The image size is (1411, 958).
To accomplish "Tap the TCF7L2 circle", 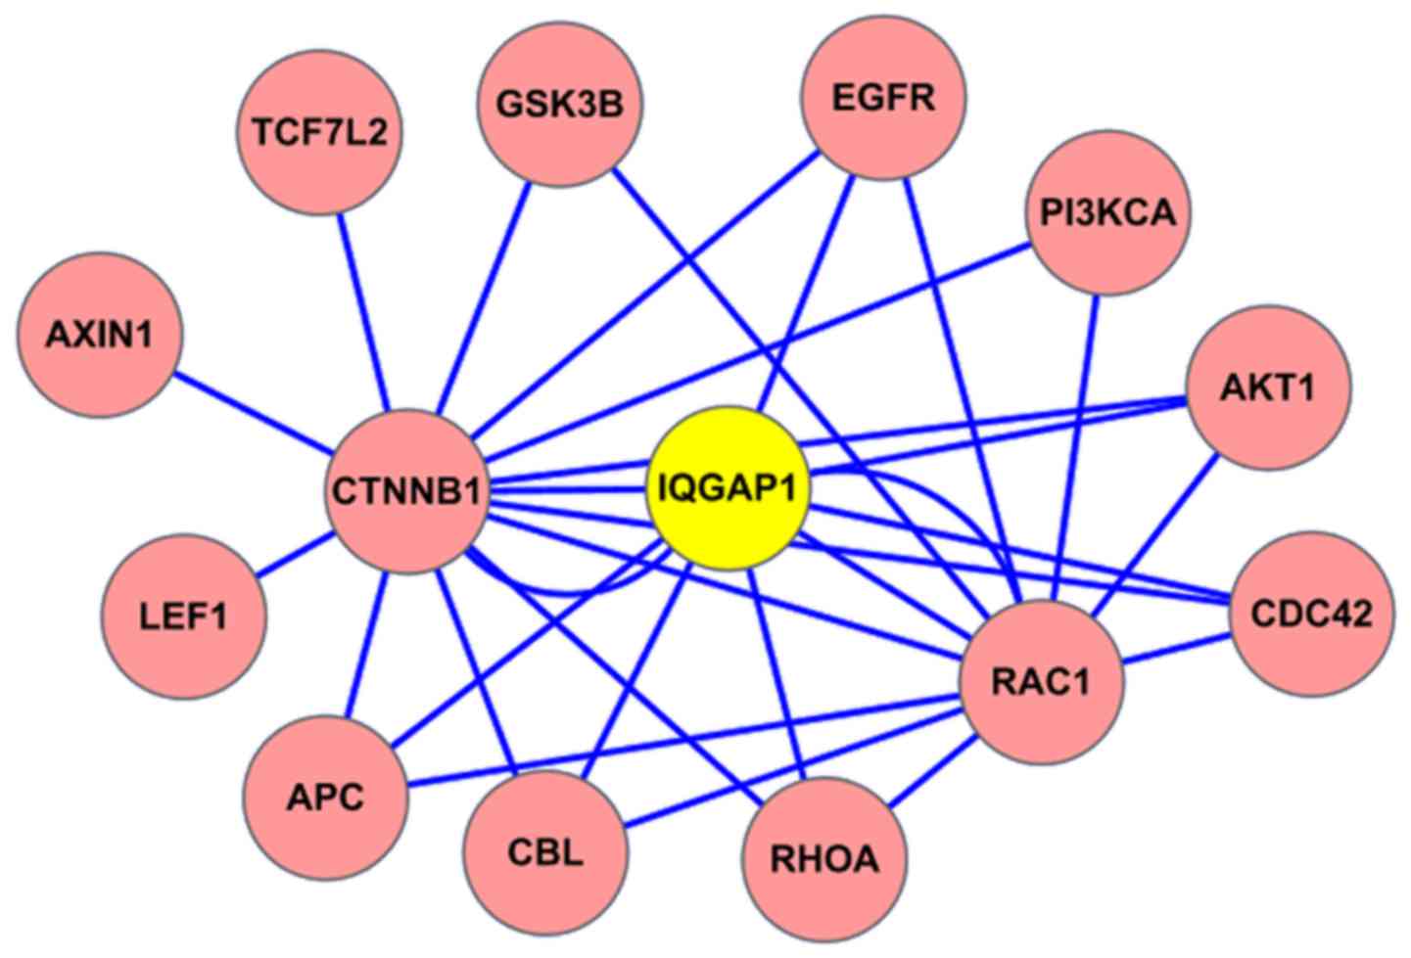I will (320, 132).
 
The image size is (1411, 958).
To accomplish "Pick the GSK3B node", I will (558, 103).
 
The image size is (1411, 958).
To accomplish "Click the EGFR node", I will (883, 98).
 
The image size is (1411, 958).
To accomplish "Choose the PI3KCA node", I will (1106, 212).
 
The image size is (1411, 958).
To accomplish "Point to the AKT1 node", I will (1268, 388).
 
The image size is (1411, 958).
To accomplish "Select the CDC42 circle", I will (1311, 615).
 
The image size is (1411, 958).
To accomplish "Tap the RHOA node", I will (824, 859).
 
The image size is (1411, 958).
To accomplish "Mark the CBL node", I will (545, 852).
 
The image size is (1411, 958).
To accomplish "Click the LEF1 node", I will (184, 616).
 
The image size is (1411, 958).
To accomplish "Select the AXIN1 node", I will (99, 336).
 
